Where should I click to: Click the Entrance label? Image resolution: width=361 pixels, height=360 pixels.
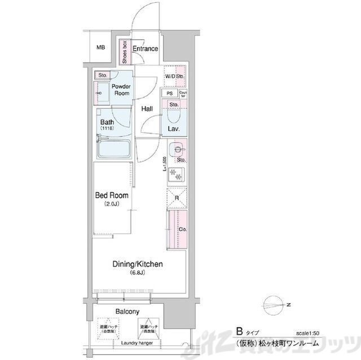tap(146, 49)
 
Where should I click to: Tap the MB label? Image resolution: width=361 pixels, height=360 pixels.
tap(100, 47)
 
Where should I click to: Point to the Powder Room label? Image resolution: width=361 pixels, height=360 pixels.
tap(121, 90)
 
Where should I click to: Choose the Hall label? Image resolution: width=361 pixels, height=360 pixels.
tap(148, 109)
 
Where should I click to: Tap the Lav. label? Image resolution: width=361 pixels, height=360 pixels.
tap(174, 129)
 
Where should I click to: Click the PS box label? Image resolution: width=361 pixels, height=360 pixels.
tap(169, 93)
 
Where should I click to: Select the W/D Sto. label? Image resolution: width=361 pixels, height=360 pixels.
tap(174, 76)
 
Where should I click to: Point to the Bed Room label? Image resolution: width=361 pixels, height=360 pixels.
tap(111, 195)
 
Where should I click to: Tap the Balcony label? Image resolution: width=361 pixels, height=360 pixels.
tap(128, 311)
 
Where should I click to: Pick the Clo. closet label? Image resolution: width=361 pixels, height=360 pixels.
tap(182, 229)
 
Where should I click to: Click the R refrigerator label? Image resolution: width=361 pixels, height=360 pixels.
tap(177, 198)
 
